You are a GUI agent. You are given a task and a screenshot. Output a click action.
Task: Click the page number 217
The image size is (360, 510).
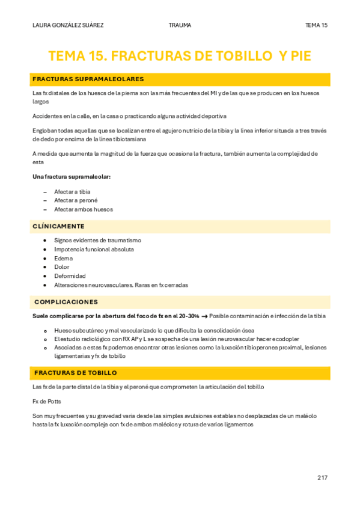pos(322,478)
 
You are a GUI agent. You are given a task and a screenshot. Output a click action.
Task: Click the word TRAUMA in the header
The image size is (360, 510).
pos(180,25)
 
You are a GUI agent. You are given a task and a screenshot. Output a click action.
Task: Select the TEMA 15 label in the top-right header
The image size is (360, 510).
pos(316,25)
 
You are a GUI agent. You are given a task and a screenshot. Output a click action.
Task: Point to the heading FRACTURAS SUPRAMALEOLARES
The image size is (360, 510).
pos(88,79)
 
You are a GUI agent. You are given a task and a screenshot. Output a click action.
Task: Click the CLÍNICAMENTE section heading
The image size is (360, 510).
pos(58,226)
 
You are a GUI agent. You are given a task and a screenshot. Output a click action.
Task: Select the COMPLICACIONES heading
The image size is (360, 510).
pos(66,302)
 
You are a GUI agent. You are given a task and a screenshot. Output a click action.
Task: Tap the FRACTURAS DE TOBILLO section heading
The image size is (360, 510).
pos(75,373)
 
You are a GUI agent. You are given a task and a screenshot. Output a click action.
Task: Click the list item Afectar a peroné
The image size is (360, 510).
pos(76,200)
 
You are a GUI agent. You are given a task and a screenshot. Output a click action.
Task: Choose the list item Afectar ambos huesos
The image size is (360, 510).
pos(84,209)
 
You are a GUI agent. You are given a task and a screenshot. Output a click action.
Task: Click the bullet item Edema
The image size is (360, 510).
pos(63,258)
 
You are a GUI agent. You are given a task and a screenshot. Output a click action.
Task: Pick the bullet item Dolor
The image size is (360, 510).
pos(61,267)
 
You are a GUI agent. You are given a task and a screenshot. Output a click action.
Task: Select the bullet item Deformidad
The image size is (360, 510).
pos(70,276)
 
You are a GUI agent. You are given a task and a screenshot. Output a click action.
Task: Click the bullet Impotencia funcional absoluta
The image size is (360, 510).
pos(94,249)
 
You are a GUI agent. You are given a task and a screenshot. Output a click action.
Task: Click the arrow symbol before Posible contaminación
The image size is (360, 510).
pos(204,316)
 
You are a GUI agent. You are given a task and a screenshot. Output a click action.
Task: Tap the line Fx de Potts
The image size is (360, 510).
pos(47,401)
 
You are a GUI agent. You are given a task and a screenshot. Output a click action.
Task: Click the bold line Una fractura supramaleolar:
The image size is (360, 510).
pos(72,177)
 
